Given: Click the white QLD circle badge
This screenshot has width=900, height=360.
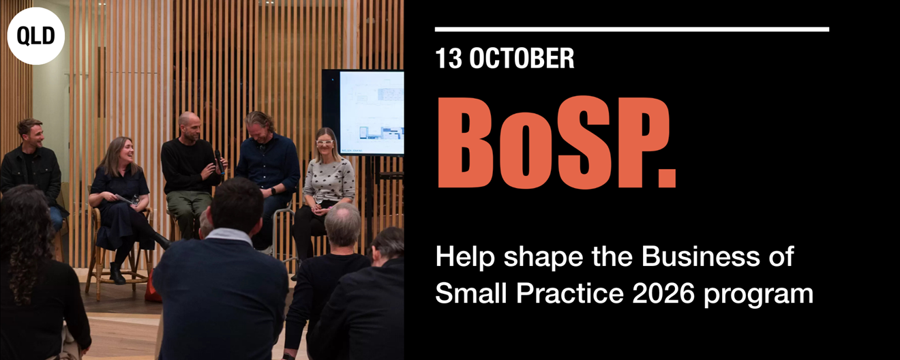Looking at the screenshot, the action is pyautogui.click(x=36, y=36).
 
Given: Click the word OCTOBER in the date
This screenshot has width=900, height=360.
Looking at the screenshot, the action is pyautogui.click(x=522, y=58).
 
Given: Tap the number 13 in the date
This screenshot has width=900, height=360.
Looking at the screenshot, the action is pyautogui.click(x=449, y=58).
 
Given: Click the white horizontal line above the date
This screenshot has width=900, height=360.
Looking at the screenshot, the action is pyautogui.click(x=632, y=29).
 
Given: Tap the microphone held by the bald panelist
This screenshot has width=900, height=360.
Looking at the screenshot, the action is pyautogui.click(x=220, y=162).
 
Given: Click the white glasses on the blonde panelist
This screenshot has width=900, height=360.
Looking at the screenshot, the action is pyautogui.click(x=325, y=142).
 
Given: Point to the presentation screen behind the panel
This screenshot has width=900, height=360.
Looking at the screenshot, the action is pyautogui.click(x=363, y=112).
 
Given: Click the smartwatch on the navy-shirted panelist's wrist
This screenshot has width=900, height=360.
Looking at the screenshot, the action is pyautogui.click(x=273, y=191).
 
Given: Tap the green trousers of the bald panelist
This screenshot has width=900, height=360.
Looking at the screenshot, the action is pyautogui.click(x=188, y=210).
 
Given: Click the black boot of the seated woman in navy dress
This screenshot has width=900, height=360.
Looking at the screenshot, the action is pyautogui.click(x=117, y=273).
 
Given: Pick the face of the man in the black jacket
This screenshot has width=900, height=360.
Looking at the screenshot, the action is pyautogui.click(x=35, y=135).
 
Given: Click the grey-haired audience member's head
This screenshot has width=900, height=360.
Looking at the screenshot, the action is pyautogui.click(x=343, y=224).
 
